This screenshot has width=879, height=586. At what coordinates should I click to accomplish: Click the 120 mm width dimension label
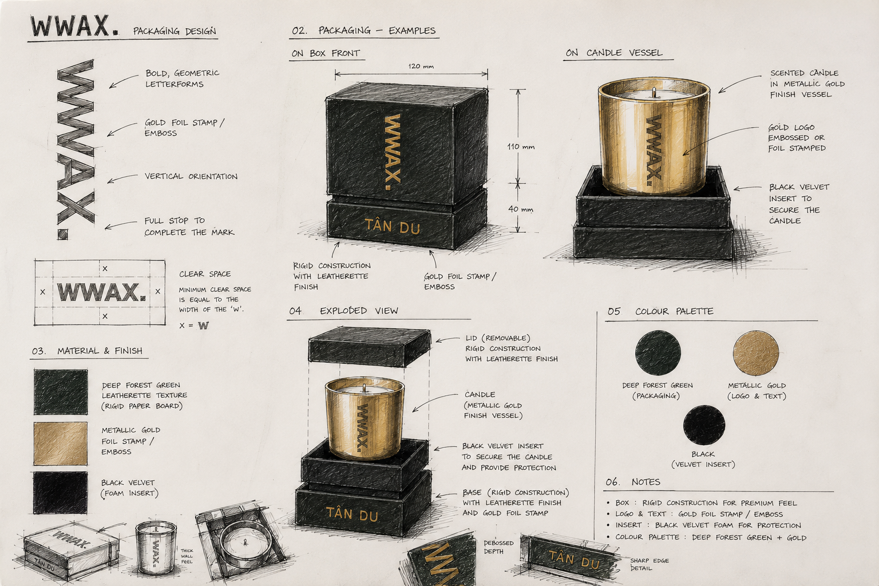coord(421,66)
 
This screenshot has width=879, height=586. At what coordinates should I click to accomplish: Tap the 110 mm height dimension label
coord(521,147)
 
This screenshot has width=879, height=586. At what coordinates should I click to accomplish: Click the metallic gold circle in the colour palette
coord(756,353)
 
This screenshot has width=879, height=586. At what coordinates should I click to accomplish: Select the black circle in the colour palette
coord(704,425)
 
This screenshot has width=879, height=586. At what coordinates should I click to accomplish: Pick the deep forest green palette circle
coord(658,353)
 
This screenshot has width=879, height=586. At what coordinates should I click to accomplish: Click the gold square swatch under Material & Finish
coord(61,443)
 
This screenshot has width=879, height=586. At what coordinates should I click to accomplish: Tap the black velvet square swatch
coord(60,493)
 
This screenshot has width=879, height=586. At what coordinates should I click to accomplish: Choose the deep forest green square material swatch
coord(61,391)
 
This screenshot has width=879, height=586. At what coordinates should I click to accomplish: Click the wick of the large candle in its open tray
coord(654,93)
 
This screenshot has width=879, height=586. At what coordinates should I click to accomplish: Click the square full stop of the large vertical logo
coord(63,234)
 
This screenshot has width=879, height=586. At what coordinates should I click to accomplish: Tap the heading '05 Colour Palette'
coord(660,311)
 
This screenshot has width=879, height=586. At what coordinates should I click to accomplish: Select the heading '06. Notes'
coord(632,482)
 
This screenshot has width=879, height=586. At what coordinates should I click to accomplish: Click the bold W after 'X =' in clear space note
coord(203,326)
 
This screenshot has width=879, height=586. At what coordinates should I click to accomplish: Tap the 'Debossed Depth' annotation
coord(498,547)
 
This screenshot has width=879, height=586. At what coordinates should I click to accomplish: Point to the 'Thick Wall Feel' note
coord(187,556)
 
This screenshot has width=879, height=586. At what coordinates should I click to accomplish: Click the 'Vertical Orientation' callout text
coord(191,176)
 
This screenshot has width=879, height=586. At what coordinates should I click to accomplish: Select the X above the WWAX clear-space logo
coord(105,269)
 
